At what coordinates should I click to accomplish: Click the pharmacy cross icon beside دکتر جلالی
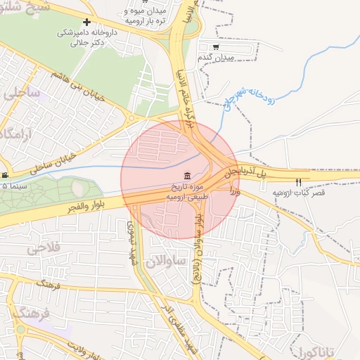click(x=86, y=22)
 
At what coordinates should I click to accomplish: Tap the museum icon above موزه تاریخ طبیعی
click(x=187, y=176)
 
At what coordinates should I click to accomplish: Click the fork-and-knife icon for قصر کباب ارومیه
click(x=298, y=182)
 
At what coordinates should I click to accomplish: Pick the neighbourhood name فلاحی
click(x=43, y=249)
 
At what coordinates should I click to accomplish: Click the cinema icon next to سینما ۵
click(x=5, y=175)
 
